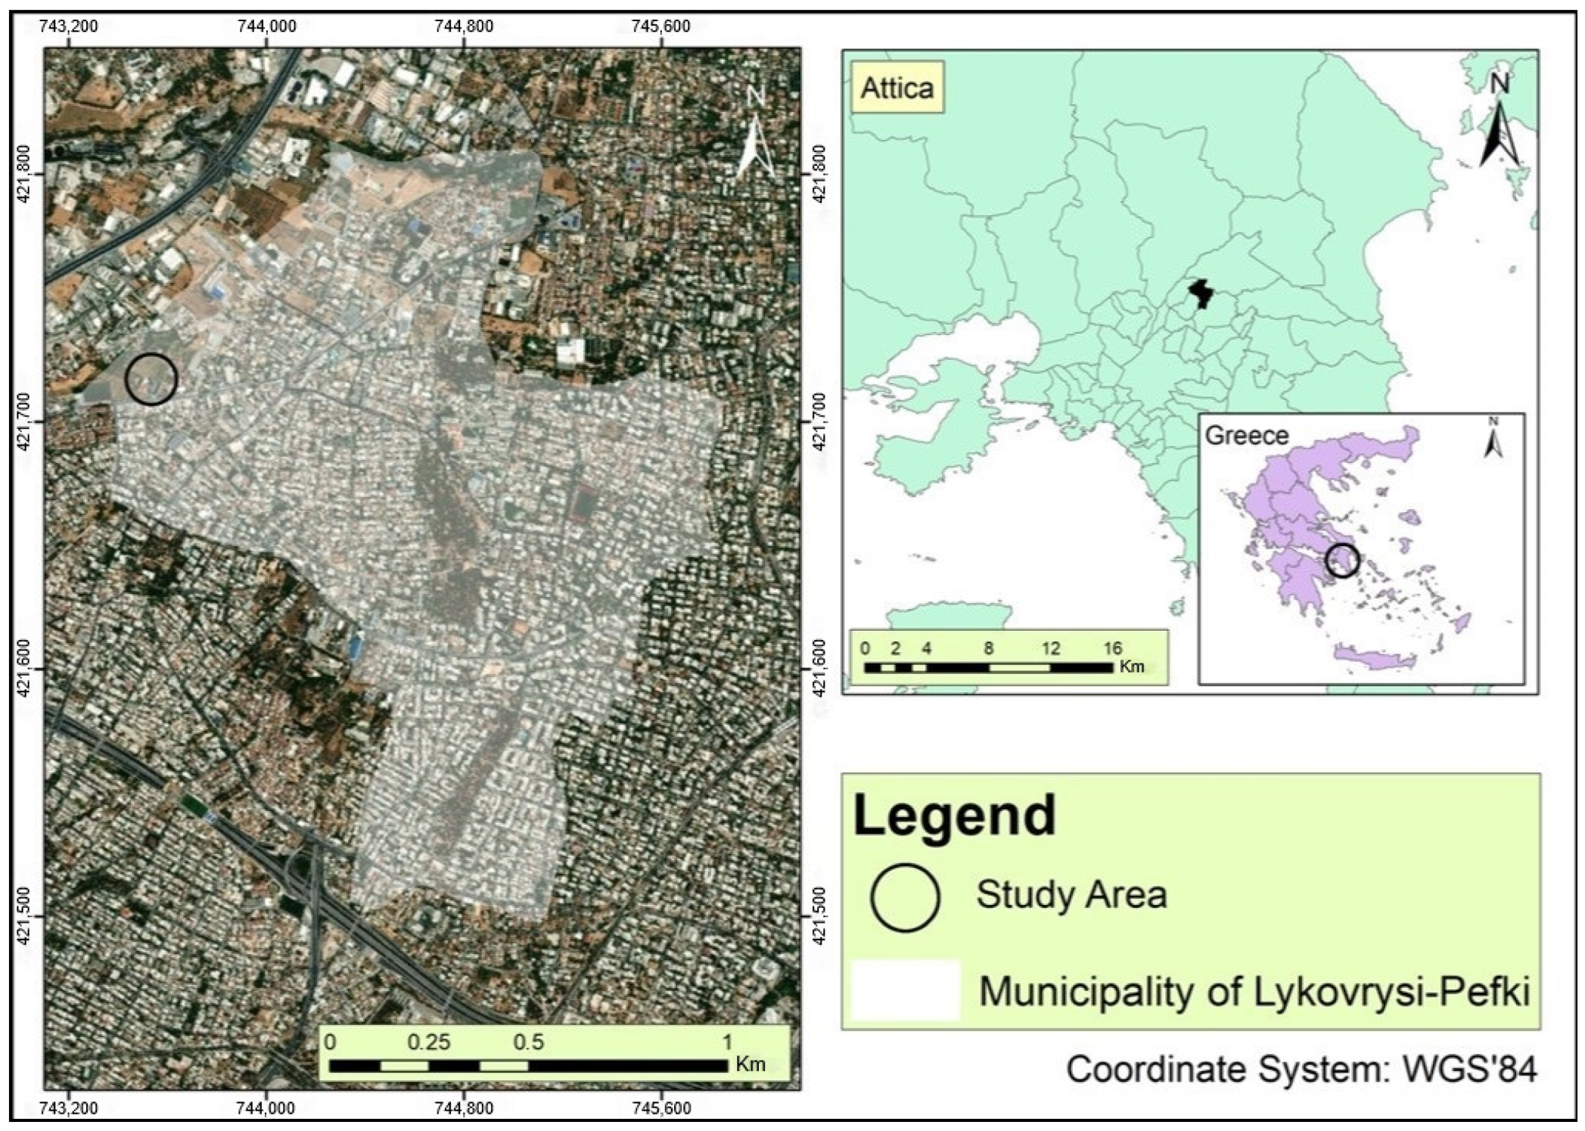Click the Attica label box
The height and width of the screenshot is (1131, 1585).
[x=897, y=88]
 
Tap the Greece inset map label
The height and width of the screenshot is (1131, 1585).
[x=1246, y=436]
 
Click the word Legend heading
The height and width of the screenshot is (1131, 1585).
[x=954, y=816]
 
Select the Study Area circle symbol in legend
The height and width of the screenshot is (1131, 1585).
[x=905, y=897]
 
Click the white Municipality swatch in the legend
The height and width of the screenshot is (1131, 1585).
[x=905, y=990]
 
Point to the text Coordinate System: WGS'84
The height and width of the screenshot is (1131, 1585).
[x=1301, y=1069]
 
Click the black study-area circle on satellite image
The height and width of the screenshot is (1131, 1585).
[x=151, y=378]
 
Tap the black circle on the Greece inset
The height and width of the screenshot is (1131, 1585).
[x=1343, y=561]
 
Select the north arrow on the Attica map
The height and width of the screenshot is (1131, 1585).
[x=1500, y=121]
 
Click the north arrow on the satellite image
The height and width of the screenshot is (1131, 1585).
[x=756, y=136]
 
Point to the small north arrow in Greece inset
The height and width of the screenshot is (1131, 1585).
[x=1493, y=439]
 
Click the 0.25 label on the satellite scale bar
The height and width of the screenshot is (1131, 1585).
[x=428, y=1042]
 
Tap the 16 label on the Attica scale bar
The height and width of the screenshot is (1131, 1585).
[x=1111, y=648]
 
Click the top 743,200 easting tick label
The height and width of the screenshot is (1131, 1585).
[x=68, y=26]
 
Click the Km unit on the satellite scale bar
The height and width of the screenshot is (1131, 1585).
[x=750, y=1064]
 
